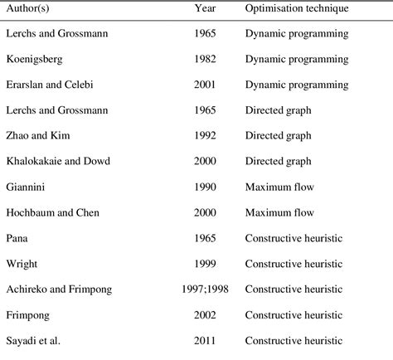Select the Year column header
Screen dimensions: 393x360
(205, 8)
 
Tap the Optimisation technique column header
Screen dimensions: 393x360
(296, 8)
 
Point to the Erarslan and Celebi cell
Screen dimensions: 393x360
(52, 85)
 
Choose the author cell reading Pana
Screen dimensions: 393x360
(18, 239)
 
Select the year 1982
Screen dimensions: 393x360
(205, 60)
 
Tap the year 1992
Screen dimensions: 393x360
(205, 137)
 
